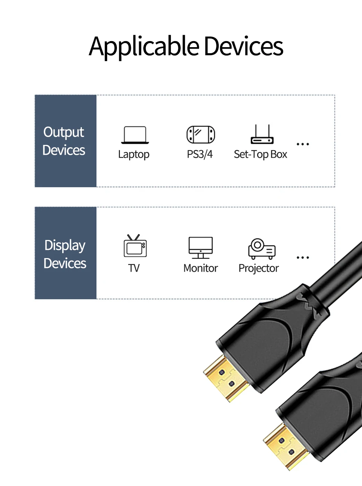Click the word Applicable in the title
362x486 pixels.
coord(144,47)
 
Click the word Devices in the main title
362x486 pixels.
coord(244,46)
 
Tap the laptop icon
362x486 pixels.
coord(135,135)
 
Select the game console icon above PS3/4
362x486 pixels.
coord(201,135)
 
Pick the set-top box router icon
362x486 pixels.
coord(262,134)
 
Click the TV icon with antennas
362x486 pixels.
coord(135,246)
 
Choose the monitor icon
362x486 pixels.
coord(201,248)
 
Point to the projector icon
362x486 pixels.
coord(262,249)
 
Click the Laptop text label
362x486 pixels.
coord(133,155)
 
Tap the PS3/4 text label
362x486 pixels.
coord(200,154)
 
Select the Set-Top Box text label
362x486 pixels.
coord(261,155)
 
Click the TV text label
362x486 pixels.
coord(134,268)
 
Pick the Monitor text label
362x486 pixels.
coord(201,268)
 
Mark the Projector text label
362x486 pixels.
coord(259,269)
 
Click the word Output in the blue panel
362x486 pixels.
coord(64,132)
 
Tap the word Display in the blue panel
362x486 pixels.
coord(65,246)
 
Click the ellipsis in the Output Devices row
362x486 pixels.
coord(303,144)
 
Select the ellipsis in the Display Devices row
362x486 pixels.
coord(303,257)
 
